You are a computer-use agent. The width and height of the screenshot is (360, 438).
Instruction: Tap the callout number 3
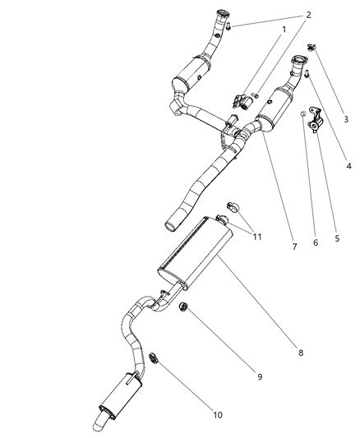click(x=346, y=119)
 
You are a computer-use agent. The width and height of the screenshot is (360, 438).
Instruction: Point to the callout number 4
click(x=348, y=166)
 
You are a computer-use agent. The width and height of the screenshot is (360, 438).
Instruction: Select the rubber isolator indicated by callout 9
click(x=184, y=307)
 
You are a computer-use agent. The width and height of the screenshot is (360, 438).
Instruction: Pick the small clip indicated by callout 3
click(x=312, y=47)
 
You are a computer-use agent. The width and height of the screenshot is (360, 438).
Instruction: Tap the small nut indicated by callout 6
click(x=302, y=112)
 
